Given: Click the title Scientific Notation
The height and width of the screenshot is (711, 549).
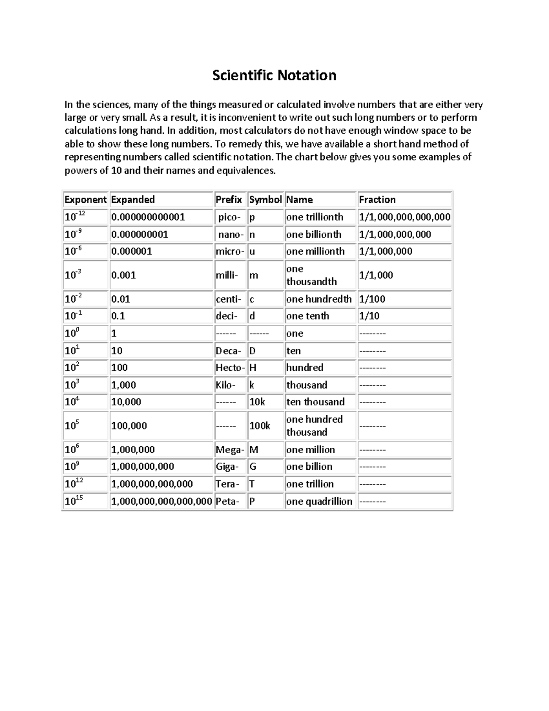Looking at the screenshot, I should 274,75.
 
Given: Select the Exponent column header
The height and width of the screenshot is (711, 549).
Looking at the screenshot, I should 85,200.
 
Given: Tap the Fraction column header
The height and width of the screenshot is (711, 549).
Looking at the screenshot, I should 377,200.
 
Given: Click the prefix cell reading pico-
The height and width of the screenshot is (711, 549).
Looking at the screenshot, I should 229,217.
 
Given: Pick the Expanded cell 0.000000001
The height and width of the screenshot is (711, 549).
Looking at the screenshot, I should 140,234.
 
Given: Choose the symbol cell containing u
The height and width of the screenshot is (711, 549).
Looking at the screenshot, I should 252,251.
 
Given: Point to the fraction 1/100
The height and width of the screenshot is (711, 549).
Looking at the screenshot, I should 372,299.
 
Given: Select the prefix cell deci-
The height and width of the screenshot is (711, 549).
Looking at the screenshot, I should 226,316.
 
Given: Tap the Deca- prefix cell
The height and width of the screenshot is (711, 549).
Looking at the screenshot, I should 228,351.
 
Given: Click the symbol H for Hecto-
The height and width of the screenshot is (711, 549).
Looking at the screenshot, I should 253,368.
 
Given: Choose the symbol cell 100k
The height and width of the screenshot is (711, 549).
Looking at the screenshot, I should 259,426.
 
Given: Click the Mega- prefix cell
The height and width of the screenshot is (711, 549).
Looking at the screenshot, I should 230,450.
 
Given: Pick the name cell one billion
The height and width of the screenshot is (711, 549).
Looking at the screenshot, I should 309,467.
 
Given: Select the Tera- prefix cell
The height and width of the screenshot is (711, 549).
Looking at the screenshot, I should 227,484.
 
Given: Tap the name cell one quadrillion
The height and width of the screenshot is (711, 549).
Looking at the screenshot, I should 319,501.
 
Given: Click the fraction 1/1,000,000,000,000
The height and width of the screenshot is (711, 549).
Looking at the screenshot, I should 404,217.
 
